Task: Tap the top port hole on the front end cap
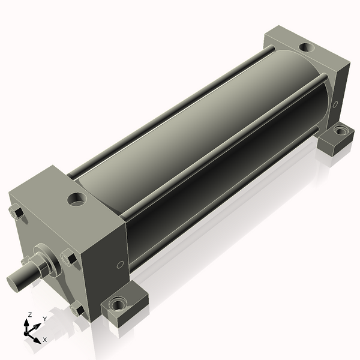[x=77, y=198]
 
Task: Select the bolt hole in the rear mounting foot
[x=340, y=130]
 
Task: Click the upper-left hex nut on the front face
[x=16, y=212]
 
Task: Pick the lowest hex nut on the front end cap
[x=76, y=310]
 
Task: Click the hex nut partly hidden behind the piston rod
[x=27, y=260]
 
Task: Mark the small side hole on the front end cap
[x=119, y=264]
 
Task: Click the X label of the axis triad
[x=44, y=340]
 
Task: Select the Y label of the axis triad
[x=44, y=319]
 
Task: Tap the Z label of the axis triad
[x=30, y=314]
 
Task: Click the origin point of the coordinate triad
[x=28, y=332]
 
